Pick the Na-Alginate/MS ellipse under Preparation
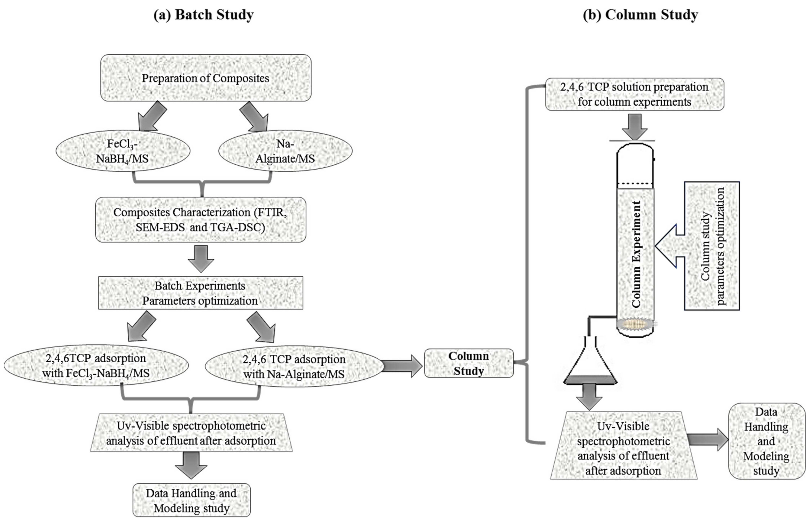[285, 151]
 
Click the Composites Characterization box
[200, 219]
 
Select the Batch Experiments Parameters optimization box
[200, 293]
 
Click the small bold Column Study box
[469, 363]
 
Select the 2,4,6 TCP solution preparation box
[634, 94]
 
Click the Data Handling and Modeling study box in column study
[767, 441]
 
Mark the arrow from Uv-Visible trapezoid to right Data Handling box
[708, 440]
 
